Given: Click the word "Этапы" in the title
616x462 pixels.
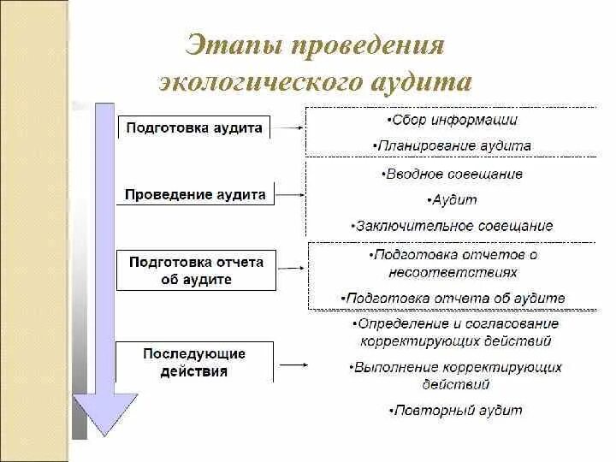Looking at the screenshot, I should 234,44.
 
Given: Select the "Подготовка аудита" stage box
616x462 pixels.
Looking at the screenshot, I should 194,127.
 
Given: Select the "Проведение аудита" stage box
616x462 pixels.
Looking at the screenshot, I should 195,194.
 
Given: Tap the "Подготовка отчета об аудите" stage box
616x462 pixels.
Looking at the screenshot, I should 196,270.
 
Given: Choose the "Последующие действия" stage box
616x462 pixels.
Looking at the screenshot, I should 194,362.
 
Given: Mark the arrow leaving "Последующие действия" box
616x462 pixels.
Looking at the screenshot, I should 293,364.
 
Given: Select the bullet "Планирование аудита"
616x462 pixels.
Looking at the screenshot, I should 452,145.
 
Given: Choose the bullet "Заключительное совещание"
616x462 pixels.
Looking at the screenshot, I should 452,226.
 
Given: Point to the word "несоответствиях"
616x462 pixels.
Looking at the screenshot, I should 454,272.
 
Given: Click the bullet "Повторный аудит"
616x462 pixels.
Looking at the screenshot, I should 455,410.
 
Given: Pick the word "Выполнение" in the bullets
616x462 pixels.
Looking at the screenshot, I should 396,367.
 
